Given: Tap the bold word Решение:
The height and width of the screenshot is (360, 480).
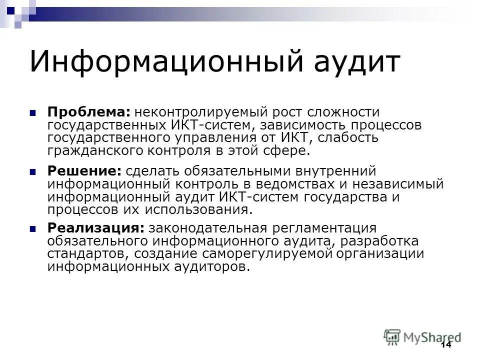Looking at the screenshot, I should pyautogui.click(x=84, y=171).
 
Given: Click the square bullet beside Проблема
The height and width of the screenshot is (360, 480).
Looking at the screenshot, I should pyautogui.click(x=33, y=113).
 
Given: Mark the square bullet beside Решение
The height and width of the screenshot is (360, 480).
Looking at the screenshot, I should pyautogui.click(x=33, y=171).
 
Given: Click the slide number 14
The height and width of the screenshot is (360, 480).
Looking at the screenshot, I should pyautogui.click(x=445, y=345).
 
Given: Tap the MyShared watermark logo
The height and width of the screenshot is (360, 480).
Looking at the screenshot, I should pyautogui.click(x=422, y=336).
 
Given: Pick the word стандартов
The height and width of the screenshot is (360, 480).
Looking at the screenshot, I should pyautogui.click(x=88, y=254).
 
